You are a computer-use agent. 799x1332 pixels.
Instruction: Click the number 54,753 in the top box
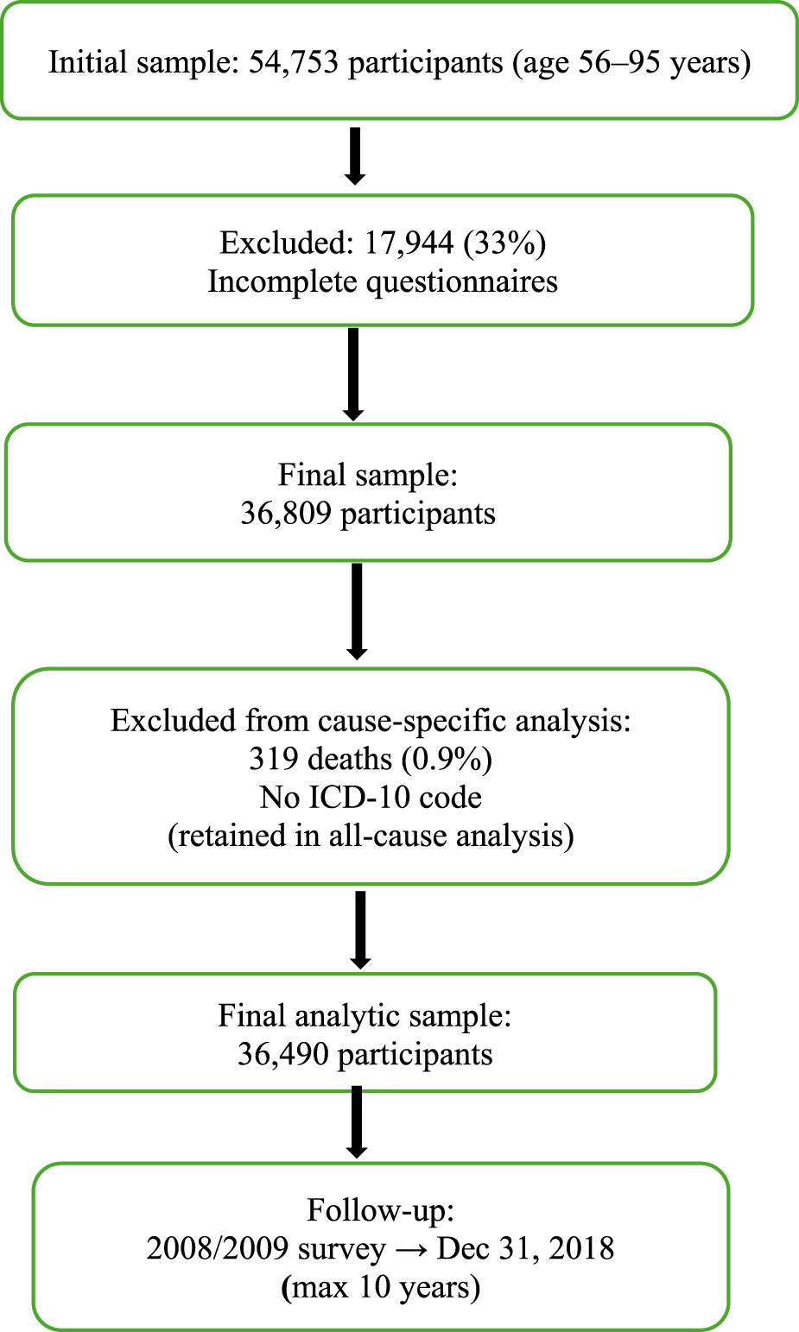294,63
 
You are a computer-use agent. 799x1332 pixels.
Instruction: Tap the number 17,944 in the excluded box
409,243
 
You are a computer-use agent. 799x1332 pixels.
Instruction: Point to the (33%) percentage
504,243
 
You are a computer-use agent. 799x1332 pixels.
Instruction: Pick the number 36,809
286,514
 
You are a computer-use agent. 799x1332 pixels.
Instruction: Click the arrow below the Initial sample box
354,155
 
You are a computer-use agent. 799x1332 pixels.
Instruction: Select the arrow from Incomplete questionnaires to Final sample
352,374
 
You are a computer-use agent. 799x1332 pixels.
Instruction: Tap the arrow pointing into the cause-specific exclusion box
356,611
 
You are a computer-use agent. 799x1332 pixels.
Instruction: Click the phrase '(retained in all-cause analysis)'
371,836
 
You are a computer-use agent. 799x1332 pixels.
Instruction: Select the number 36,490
283,1054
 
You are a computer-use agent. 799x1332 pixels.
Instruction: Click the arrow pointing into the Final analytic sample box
360,929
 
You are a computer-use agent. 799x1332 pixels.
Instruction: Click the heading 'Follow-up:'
380,1210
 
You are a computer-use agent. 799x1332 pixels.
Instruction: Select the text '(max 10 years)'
380,1288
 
